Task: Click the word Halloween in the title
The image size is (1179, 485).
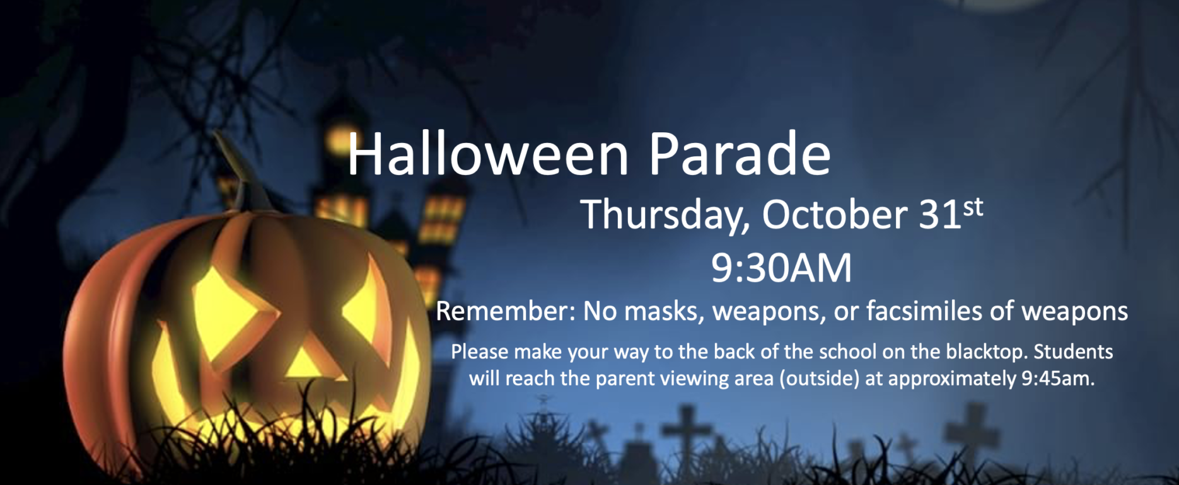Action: tap(489, 154)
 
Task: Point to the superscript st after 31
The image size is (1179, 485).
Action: tap(973, 207)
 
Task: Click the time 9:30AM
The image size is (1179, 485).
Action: tap(781, 268)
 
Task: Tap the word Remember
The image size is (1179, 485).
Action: tap(506, 311)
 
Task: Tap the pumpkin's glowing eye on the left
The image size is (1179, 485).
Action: tap(227, 312)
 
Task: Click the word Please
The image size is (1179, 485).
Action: tap(480, 351)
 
